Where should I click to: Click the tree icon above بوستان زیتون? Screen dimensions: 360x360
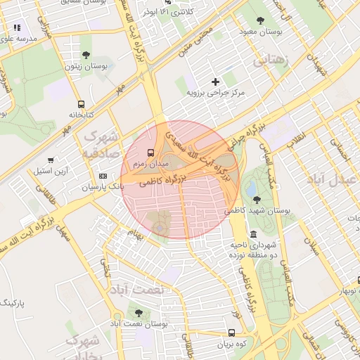pos(86,55)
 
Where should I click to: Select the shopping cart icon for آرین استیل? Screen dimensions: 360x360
pos(51,160)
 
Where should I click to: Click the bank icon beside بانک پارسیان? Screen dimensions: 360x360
pos(103,176)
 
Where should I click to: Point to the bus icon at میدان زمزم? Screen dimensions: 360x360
pos(150,152)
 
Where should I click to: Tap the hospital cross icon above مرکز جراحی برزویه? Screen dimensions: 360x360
pos(216,82)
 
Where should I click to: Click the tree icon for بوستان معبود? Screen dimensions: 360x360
pos(262,21)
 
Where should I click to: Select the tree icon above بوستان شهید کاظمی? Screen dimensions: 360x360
pos(257,200)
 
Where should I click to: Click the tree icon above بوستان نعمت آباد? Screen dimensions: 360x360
pos(139,313)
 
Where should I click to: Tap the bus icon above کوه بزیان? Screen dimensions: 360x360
pos(231,333)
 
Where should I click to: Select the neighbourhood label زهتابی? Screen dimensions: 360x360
pos(269,60)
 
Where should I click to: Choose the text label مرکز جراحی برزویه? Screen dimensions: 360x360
pos(215,92)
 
